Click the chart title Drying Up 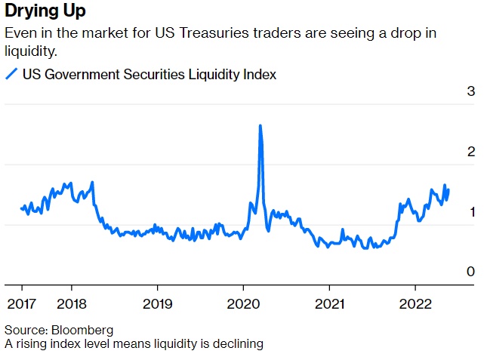pos(45,11)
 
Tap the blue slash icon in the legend pos(11,74)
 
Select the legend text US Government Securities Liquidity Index pos(149,74)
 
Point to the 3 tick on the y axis pos(471,92)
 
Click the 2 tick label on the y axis pos(471,152)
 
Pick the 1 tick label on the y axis pos(471,212)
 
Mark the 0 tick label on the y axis pos(471,272)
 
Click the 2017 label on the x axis pos(21,303)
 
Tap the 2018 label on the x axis pos(71,303)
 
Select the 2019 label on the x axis pos(157,303)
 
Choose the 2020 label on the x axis pos(242,303)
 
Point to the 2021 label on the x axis pos(328,303)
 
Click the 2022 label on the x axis pos(414,303)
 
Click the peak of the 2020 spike pos(260,126)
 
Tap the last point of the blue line pos(448,189)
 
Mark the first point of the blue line pos(21,208)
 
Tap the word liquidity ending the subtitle pos(31,51)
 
